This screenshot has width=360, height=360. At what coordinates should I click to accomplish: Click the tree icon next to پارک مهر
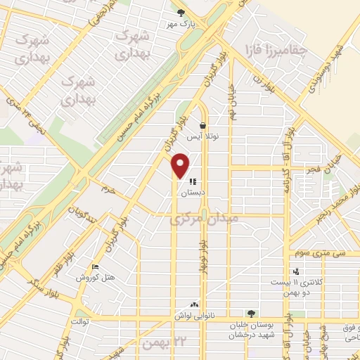[181, 12]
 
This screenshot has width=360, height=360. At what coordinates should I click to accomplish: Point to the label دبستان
[193, 192]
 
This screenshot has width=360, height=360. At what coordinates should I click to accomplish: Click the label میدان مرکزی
[205, 220]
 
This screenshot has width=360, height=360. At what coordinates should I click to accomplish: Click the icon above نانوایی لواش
[194, 304]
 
